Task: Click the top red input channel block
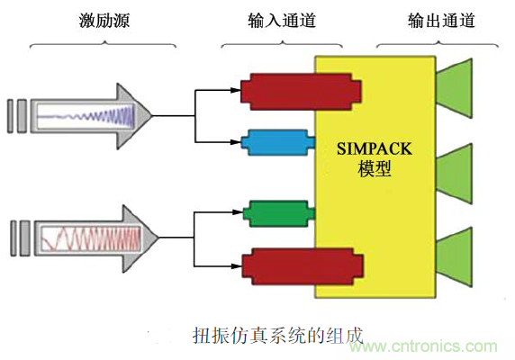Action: (301, 90)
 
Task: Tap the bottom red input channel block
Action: (302, 264)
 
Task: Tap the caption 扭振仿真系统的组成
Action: (277, 335)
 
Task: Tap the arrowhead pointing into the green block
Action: (239, 214)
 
